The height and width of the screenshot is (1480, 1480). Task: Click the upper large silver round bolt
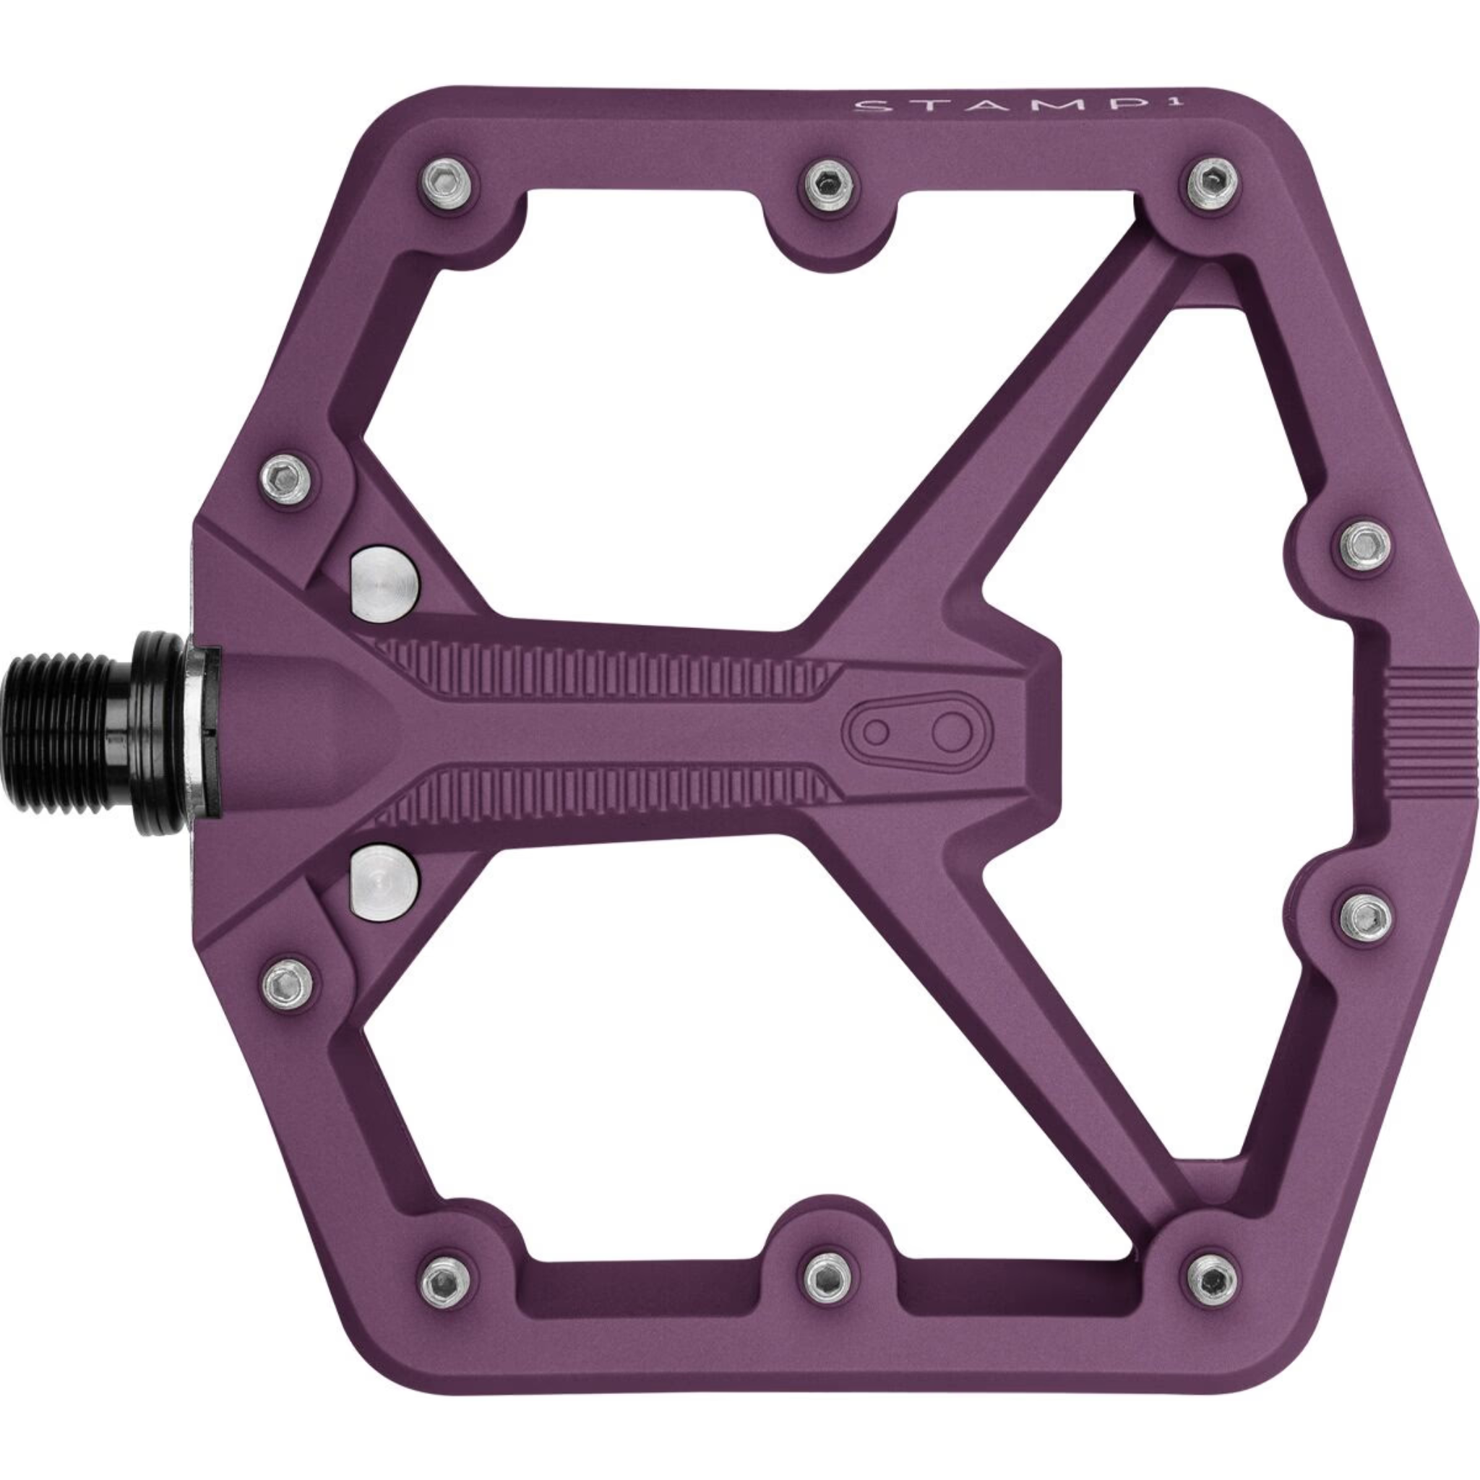pos(384,585)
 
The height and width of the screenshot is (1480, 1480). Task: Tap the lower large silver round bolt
pos(384,878)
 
